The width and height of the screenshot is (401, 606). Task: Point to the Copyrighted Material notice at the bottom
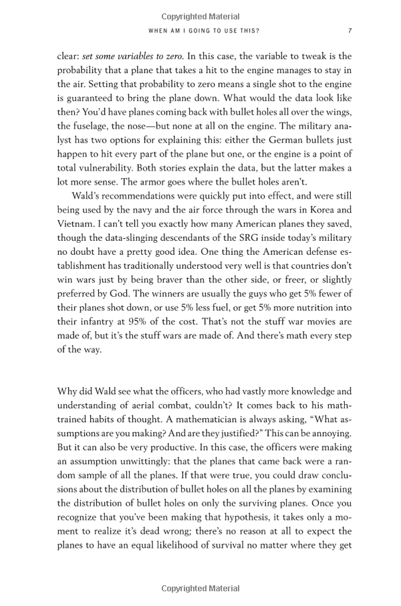pos(200,589)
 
